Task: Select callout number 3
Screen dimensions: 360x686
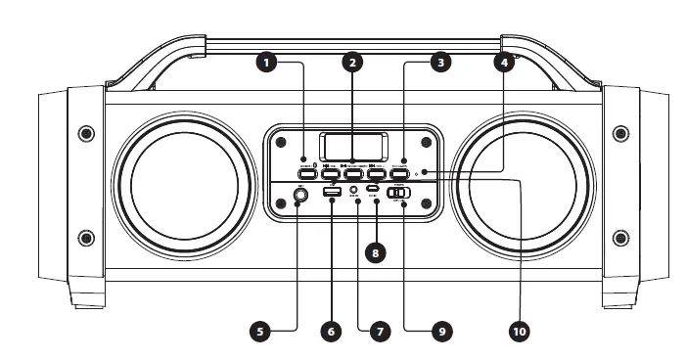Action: [441, 62]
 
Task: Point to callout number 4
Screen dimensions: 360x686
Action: [505, 62]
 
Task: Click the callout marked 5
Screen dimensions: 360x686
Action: [259, 332]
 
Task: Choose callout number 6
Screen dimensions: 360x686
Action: [331, 332]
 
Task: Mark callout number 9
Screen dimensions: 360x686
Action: [441, 332]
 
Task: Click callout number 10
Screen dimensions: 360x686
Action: [520, 332]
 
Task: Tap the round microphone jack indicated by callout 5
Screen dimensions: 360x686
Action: [298, 197]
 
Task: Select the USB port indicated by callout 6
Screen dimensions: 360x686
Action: [331, 192]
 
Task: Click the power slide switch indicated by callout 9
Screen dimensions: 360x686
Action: [399, 194]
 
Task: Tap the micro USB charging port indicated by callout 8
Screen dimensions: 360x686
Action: [374, 191]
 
